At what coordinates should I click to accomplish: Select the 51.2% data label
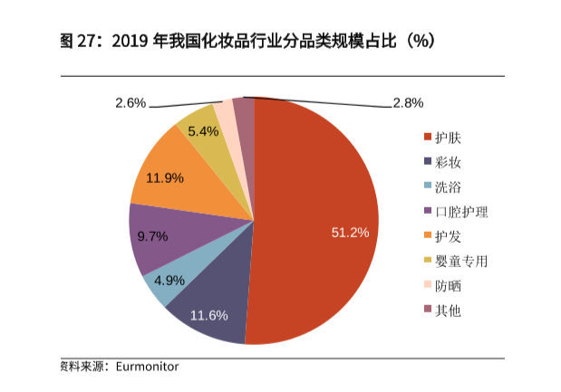350,233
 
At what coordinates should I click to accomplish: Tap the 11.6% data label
208,315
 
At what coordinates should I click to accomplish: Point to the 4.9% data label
169,280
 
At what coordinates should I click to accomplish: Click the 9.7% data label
152,236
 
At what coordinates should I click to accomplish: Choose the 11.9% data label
164,178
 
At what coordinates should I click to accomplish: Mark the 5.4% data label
203,131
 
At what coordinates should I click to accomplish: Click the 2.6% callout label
131,102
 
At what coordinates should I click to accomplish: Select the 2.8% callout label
408,102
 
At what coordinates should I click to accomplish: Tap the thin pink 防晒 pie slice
224,114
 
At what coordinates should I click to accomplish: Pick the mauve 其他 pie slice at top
243,112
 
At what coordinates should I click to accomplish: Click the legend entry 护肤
450,139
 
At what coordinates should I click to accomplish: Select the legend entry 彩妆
450,163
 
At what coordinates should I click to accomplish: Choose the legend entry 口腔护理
462,212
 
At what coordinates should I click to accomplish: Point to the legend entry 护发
450,237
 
